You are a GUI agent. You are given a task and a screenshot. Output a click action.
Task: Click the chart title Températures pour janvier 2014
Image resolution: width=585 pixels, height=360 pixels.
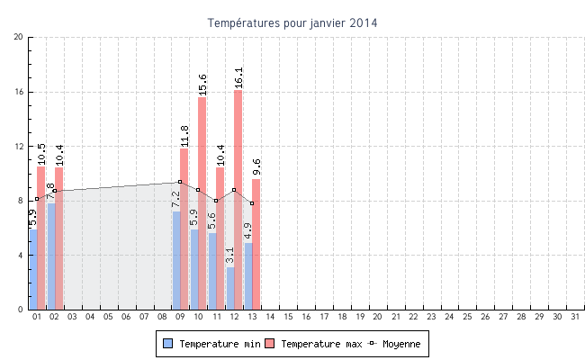point(292,22)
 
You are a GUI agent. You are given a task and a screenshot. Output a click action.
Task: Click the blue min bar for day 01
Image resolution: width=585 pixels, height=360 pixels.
point(33,269)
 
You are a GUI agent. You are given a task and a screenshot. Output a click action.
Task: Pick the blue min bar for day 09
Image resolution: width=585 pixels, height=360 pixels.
point(176,260)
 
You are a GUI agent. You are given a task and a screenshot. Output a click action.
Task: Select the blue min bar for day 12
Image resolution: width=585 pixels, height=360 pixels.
point(230,288)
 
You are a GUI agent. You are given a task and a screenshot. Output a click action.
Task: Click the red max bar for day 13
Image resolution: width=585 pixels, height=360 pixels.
point(256,244)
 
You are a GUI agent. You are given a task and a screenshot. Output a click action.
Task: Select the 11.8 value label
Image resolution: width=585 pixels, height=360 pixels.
point(184,136)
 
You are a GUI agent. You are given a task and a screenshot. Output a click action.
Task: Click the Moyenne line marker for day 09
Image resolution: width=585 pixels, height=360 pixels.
point(180,182)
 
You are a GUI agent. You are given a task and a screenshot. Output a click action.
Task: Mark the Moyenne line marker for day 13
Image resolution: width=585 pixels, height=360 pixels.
point(252,203)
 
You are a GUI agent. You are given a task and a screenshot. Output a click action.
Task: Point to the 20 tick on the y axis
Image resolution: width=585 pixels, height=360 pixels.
point(19,37)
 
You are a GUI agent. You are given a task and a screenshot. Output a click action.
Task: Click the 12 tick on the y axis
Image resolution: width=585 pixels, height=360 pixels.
point(19,146)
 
